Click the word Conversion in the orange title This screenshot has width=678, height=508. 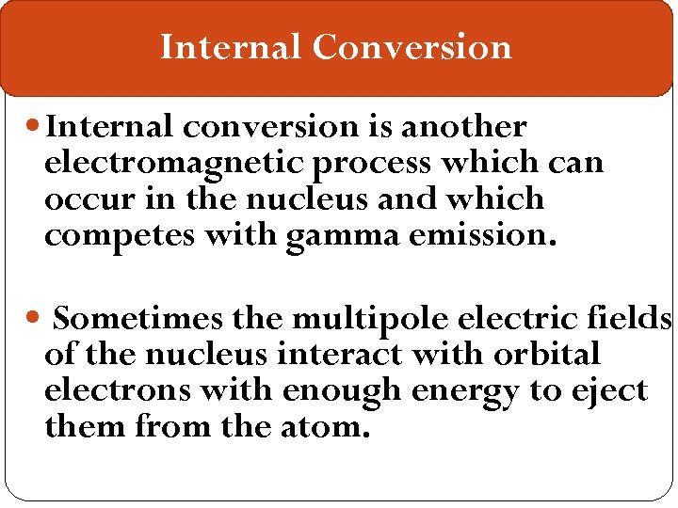coord(412,47)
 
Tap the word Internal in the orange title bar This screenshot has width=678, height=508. coord(231,47)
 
